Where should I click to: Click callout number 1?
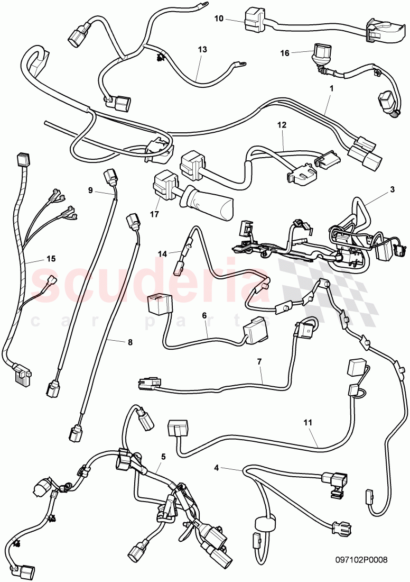click(331, 89)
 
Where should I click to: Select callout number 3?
click(392, 189)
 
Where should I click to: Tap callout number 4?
click(217, 468)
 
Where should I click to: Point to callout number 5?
click(163, 456)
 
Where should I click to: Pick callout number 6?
click(204, 315)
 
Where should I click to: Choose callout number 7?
click(259, 362)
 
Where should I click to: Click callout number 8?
click(129, 342)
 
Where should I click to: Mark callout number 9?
click(90, 189)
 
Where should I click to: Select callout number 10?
click(219, 19)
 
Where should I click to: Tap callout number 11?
click(308, 423)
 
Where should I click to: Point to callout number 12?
click(282, 125)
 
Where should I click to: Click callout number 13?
click(202, 49)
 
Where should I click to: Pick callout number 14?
click(162, 239)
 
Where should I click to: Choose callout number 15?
click(51, 244)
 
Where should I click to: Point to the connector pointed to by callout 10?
click(254, 20)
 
